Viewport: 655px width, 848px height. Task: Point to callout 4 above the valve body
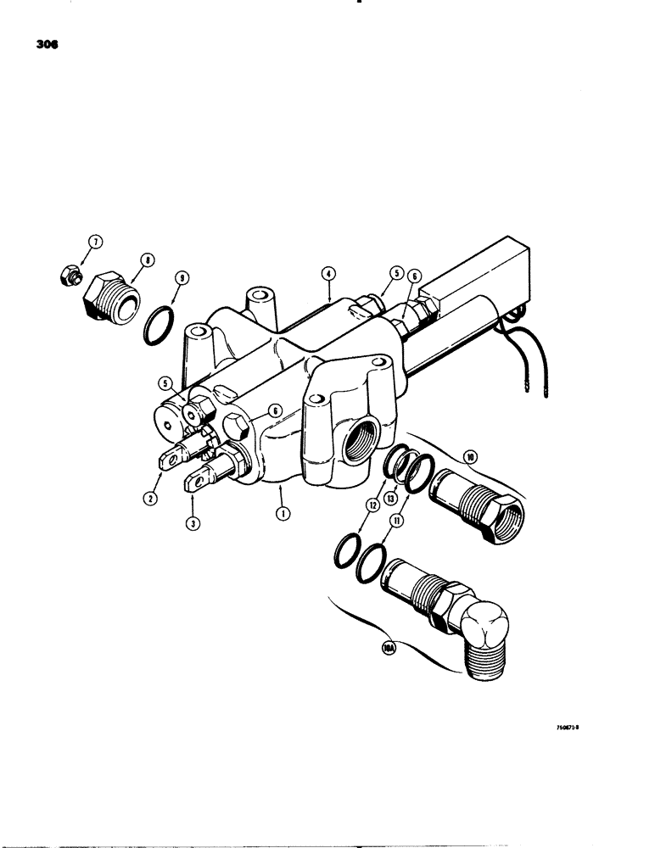point(328,274)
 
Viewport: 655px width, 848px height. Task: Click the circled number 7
point(96,243)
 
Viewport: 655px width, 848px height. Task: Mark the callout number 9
point(180,276)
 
